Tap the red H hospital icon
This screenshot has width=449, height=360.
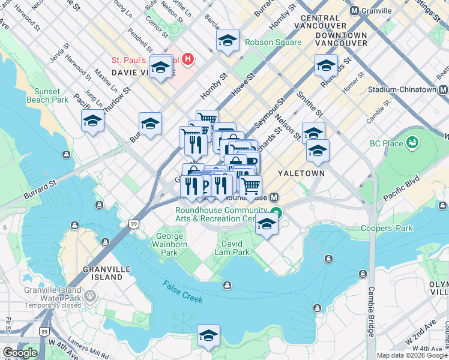click(188, 59)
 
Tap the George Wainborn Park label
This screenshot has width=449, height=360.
click(172, 244)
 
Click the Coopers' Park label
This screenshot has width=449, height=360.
click(387, 228)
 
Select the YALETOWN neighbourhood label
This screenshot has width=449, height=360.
click(301, 173)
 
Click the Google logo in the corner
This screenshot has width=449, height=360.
click(19, 352)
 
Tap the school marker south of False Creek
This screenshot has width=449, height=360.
click(208, 335)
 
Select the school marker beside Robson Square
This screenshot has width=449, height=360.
click(228, 41)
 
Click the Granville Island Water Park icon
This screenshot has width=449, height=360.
click(89, 296)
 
